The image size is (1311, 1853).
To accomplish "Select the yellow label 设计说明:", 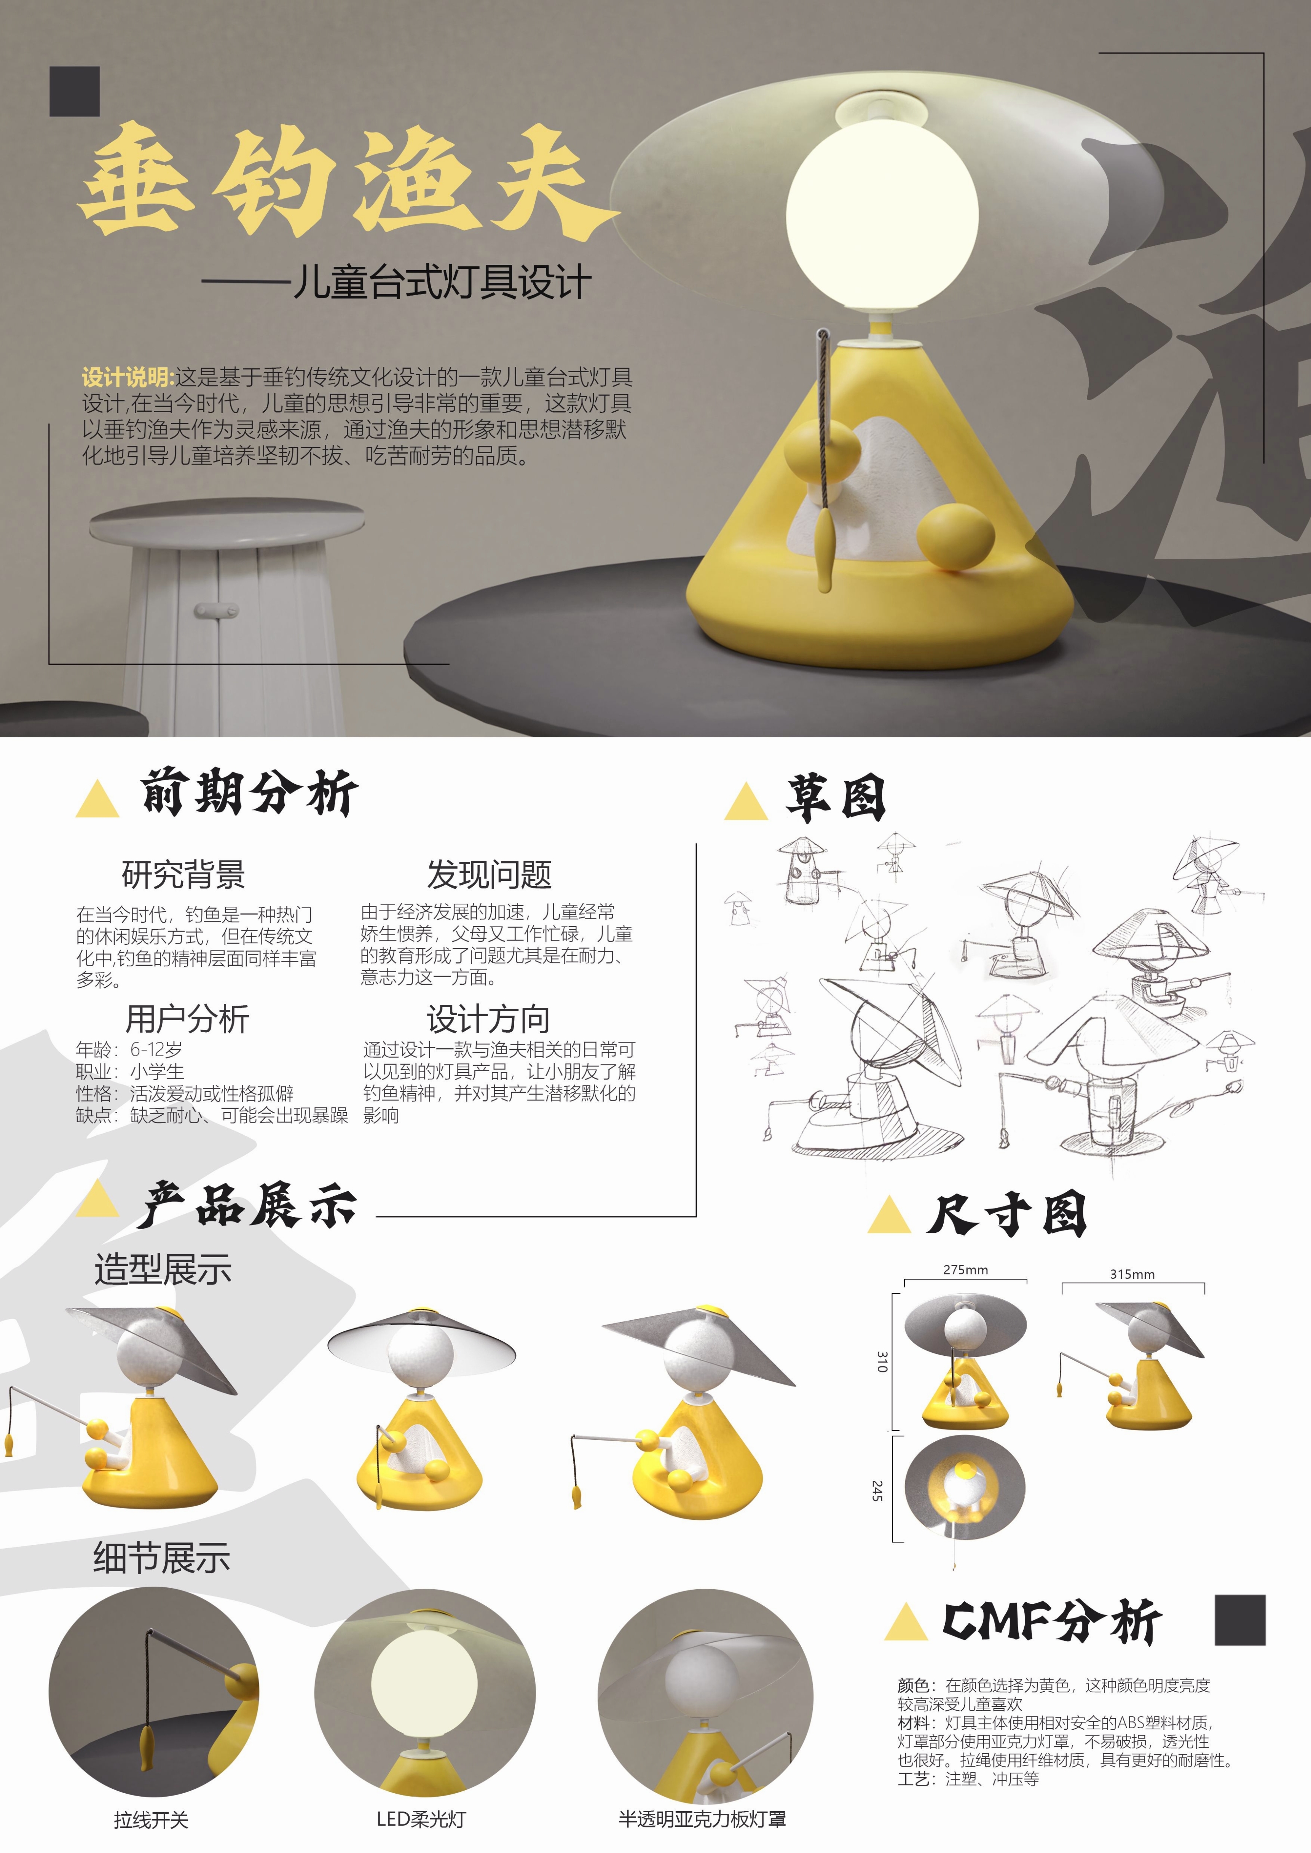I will pos(128,377).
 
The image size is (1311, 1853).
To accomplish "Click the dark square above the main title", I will pos(74,91).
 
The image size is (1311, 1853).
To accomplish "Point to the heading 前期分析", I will pos(249,793).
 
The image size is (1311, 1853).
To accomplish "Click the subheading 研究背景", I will pos(183,874).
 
